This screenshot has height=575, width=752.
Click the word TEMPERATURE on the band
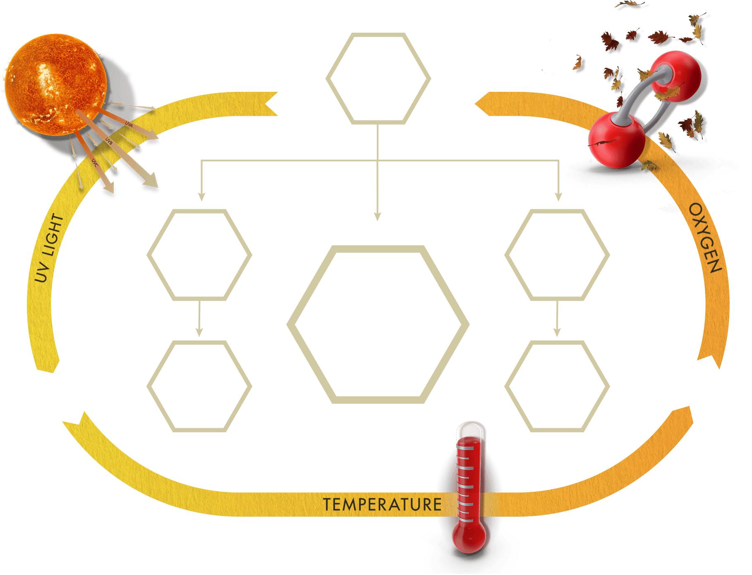pos(382,505)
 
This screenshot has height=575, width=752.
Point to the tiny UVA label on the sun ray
pos(129,124)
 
